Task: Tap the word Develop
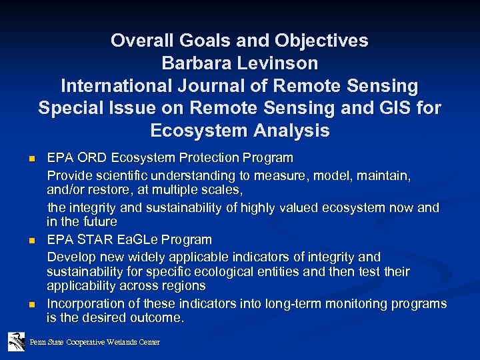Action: click(x=69, y=257)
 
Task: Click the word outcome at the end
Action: click(x=158, y=318)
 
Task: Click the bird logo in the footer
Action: click(x=17, y=341)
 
